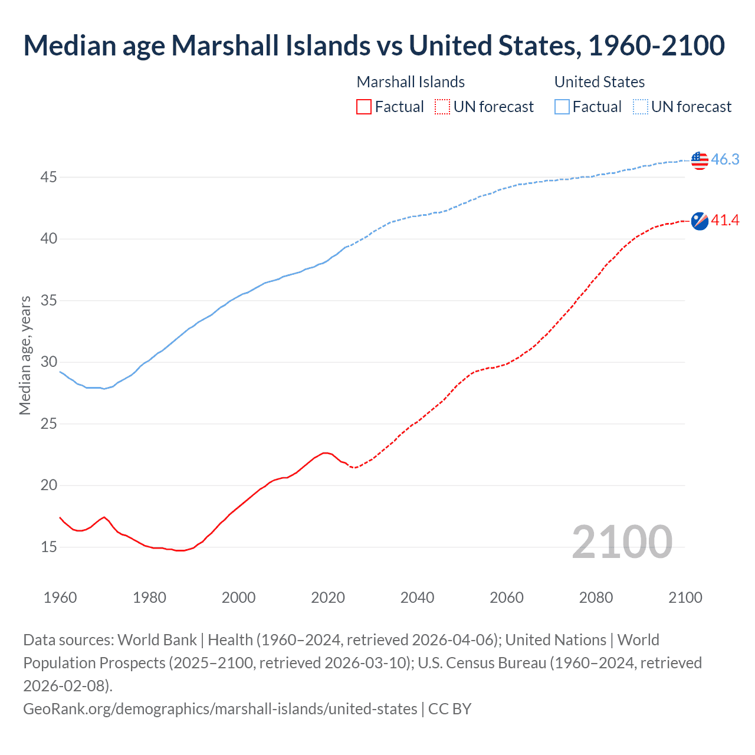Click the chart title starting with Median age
click(x=374, y=45)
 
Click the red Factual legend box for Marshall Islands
click(x=364, y=107)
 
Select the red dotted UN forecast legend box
click(x=442, y=107)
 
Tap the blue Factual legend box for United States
click(x=562, y=107)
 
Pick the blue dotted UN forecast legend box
click(x=641, y=107)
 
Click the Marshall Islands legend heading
click(x=411, y=82)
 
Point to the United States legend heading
click(x=599, y=82)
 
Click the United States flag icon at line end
click(x=700, y=160)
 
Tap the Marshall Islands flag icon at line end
click(x=700, y=221)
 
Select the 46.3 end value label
click(x=725, y=159)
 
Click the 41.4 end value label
click(x=725, y=221)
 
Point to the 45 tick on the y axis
click(x=49, y=177)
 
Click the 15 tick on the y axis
click(x=49, y=547)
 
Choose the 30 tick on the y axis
click(x=49, y=362)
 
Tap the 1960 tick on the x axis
click(x=60, y=598)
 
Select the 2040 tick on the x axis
click(x=417, y=598)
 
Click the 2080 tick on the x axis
click(x=596, y=598)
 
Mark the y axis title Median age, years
click(x=25, y=356)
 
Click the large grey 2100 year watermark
click(x=622, y=542)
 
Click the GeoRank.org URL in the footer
click(x=220, y=708)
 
